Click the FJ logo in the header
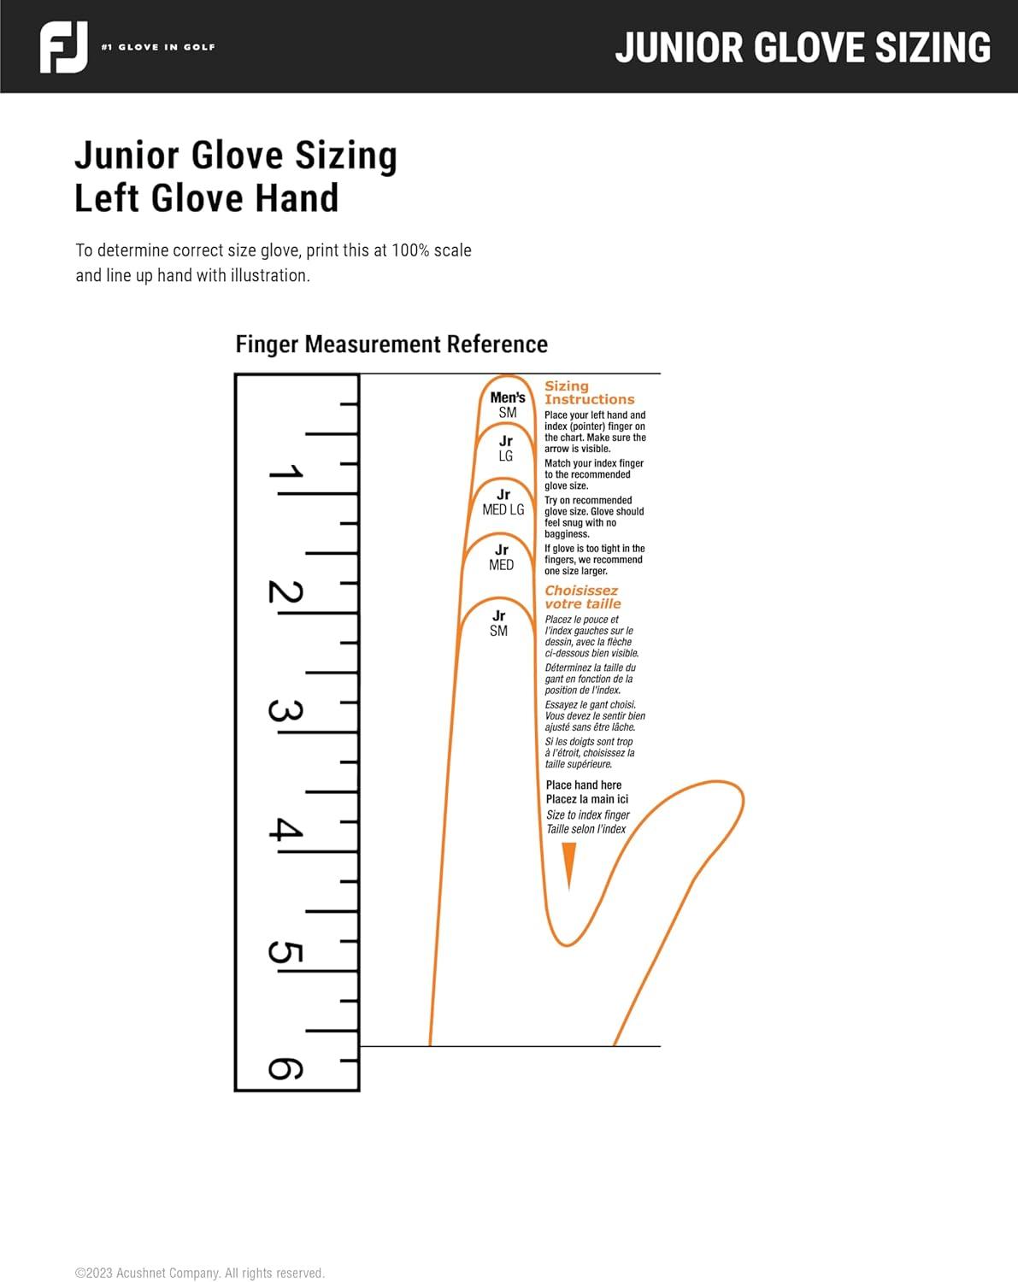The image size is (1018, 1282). coord(64,47)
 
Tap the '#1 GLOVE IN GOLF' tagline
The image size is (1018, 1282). coord(158,47)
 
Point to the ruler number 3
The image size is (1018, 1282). coord(285,711)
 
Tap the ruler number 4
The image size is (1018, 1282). coord(285,829)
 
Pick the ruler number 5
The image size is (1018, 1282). coord(285,952)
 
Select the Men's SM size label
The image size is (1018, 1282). coord(508,405)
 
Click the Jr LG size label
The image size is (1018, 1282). coord(505,449)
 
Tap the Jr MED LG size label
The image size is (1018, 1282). coord(503,503)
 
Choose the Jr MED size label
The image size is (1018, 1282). coord(501,557)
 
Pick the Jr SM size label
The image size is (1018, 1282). coord(499,623)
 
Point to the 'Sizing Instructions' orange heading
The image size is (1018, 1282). coord(590,392)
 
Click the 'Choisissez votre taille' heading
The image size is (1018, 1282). coord(583,597)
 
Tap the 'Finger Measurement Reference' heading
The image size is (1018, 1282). coord(391,344)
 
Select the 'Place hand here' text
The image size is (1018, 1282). coord(584,785)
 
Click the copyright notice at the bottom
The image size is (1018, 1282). coord(200,1273)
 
